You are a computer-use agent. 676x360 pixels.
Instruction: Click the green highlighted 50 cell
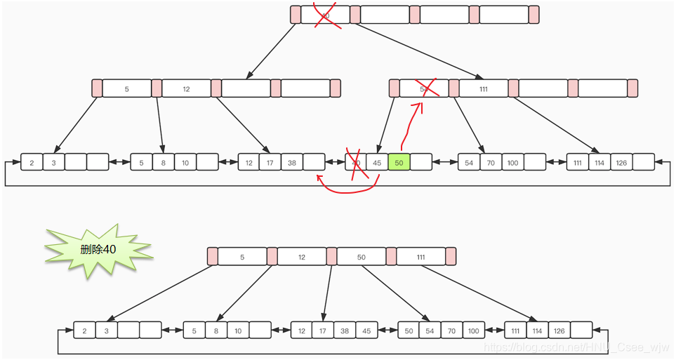click(x=399, y=162)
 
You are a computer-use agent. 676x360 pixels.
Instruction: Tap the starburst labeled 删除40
click(x=98, y=250)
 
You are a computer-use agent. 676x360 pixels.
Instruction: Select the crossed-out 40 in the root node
click(x=325, y=15)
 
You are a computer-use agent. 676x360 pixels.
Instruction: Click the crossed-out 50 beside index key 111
click(x=424, y=88)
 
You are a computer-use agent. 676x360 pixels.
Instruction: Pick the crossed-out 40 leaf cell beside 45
click(x=356, y=162)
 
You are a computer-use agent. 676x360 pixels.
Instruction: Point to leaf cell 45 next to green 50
click(x=377, y=162)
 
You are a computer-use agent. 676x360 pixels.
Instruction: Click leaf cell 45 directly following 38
click(x=366, y=331)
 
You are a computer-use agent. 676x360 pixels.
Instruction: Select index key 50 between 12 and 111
click(x=362, y=257)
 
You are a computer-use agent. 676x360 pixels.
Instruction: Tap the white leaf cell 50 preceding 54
click(x=409, y=331)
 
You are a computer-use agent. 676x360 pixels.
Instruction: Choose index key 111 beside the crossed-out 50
click(x=484, y=88)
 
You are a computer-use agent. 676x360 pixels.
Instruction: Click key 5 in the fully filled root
click(x=242, y=257)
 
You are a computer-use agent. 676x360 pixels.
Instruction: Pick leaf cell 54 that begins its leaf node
click(x=469, y=162)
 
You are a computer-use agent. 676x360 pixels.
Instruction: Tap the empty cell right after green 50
click(x=420, y=162)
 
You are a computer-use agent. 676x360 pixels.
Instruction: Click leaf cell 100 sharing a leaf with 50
click(x=472, y=331)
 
